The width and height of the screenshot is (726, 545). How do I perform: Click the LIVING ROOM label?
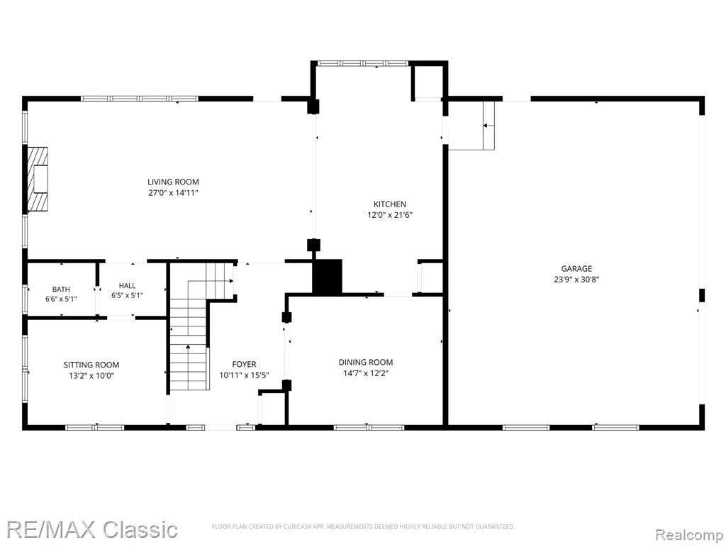[x=173, y=182]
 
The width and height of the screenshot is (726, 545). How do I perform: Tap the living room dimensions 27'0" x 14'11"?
[x=173, y=193]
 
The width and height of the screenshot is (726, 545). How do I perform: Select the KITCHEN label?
[x=390, y=204]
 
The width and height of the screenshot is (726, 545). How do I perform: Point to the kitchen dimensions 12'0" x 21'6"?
[x=390, y=215]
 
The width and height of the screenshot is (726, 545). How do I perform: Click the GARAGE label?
[x=576, y=268]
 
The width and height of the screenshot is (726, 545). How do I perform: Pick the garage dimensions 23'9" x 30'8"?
[x=576, y=280]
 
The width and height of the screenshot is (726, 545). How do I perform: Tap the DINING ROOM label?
[x=366, y=362]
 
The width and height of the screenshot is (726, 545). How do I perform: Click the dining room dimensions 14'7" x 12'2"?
[x=366, y=373]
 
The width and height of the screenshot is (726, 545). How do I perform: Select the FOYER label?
[x=244, y=364]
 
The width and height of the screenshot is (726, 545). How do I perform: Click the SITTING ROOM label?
[x=91, y=365]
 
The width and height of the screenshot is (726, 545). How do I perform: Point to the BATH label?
[x=61, y=290]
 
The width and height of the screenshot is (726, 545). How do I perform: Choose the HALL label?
[x=128, y=285]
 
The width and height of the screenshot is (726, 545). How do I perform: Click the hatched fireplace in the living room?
[x=38, y=180]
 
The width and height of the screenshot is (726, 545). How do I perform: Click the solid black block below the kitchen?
[x=328, y=276]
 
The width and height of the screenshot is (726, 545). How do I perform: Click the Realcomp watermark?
[x=689, y=534]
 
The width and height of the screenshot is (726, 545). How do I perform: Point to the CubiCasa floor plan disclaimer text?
[x=363, y=527]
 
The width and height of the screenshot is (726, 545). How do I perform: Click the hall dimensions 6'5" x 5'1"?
[x=128, y=295]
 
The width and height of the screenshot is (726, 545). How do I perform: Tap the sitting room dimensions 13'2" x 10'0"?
[x=91, y=376]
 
